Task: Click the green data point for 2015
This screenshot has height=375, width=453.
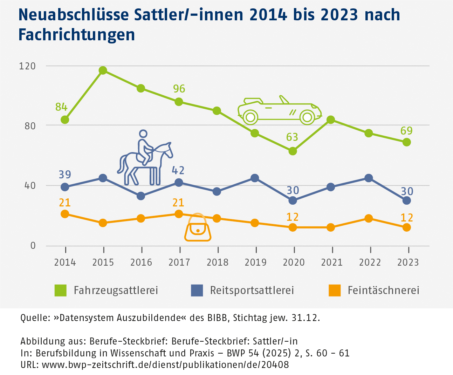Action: click(103, 70)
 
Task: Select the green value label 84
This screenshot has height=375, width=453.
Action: click(61, 107)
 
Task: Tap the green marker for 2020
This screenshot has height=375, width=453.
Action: click(293, 151)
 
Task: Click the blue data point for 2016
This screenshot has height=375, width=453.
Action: click(141, 196)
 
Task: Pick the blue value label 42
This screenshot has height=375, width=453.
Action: click(178, 170)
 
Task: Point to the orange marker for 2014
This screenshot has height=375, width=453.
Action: click(65, 214)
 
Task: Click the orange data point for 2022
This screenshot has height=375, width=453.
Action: click(369, 218)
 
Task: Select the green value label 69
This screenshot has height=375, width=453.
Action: click(406, 131)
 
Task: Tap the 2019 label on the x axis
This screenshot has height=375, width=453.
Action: click(255, 262)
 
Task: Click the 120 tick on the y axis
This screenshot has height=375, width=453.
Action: click(27, 66)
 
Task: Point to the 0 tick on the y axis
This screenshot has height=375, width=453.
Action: click(33, 246)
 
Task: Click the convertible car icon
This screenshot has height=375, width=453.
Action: click(280, 110)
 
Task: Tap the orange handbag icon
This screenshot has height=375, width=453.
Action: click(198, 229)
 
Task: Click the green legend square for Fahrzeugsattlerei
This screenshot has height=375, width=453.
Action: click(61, 291)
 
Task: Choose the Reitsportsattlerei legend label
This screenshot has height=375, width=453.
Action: click(252, 291)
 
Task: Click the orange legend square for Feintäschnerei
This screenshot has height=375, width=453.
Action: click(335, 291)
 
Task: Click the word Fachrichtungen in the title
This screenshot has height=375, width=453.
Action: click(76, 35)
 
